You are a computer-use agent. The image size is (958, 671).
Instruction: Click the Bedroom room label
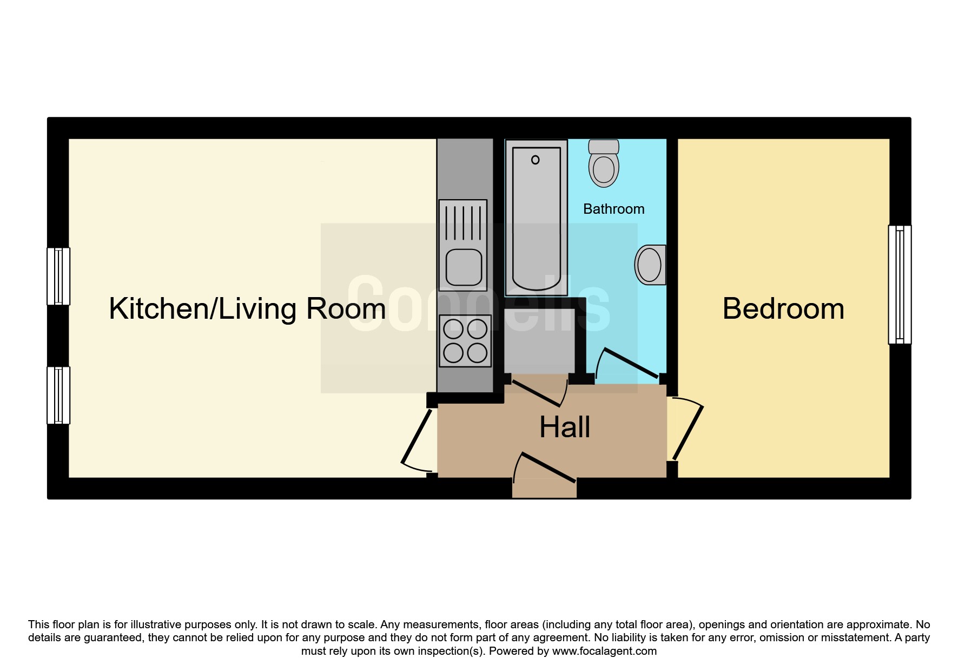pyautogui.click(x=783, y=309)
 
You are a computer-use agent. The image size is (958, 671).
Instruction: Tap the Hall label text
pyautogui.click(x=565, y=427)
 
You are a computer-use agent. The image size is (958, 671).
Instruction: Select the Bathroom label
pyautogui.click(x=614, y=209)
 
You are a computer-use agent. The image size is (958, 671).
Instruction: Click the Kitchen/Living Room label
pyautogui.click(x=247, y=309)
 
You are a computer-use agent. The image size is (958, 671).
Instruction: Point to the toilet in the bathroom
pyautogui.click(x=604, y=163)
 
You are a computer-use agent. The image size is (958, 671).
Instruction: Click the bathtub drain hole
pyautogui.click(x=536, y=160)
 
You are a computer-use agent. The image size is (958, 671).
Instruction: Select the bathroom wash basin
pyautogui.click(x=650, y=265)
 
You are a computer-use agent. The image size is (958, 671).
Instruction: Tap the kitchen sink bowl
pyautogui.click(x=464, y=267)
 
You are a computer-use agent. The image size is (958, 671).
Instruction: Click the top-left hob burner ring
pyautogui.click(x=453, y=329)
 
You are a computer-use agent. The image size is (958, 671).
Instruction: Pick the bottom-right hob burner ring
pyautogui.click(x=477, y=353)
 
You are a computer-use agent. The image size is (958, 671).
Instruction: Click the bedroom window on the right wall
pyautogui.click(x=900, y=285)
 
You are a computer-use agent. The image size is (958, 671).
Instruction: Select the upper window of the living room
pyautogui.click(x=58, y=276)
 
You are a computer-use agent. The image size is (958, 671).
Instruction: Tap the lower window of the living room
pyautogui.click(x=58, y=395)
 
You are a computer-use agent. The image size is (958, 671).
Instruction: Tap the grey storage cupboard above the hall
pyautogui.click(x=539, y=340)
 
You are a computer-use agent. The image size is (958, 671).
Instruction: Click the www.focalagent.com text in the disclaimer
pyautogui.click(x=604, y=651)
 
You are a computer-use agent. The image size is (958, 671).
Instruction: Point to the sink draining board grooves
pyautogui.click(x=463, y=222)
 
